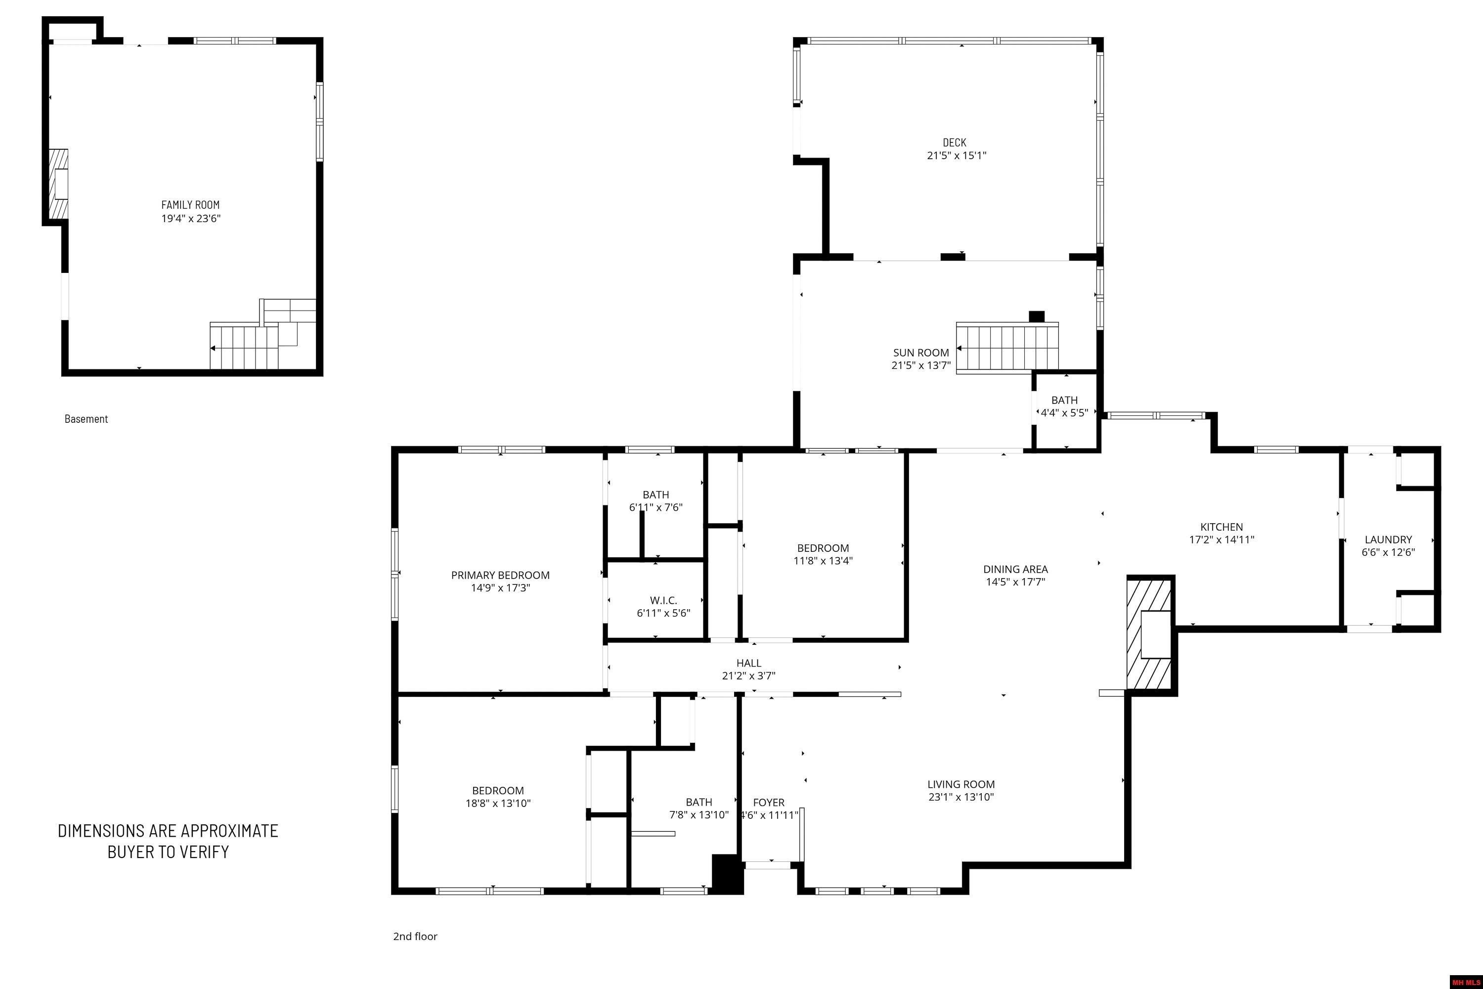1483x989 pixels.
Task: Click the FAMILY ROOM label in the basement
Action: tap(190, 204)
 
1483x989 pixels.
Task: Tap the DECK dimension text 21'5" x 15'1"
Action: tap(956, 156)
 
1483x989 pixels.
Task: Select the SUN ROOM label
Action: tap(920, 353)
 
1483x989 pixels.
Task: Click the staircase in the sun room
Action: tap(1007, 348)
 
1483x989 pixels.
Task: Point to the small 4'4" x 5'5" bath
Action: tap(1064, 407)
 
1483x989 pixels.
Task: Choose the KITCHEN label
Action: tap(1221, 527)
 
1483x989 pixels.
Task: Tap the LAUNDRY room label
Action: tap(1388, 539)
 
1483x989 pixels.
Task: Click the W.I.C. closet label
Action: tap(663, 600)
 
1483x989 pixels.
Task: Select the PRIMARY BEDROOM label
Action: tap(500, 575)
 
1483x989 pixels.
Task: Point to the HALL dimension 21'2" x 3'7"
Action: tap(748, 675)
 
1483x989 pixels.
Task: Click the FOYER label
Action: tap(769, 802)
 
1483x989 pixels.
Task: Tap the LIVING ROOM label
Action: tap(961, 784)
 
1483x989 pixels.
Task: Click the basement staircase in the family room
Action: tap(245, 347)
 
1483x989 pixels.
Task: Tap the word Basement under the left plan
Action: tap(87, 419)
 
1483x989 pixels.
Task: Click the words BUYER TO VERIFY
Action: tap(168, 852)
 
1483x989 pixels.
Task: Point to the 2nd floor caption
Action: tap(415, 936)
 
